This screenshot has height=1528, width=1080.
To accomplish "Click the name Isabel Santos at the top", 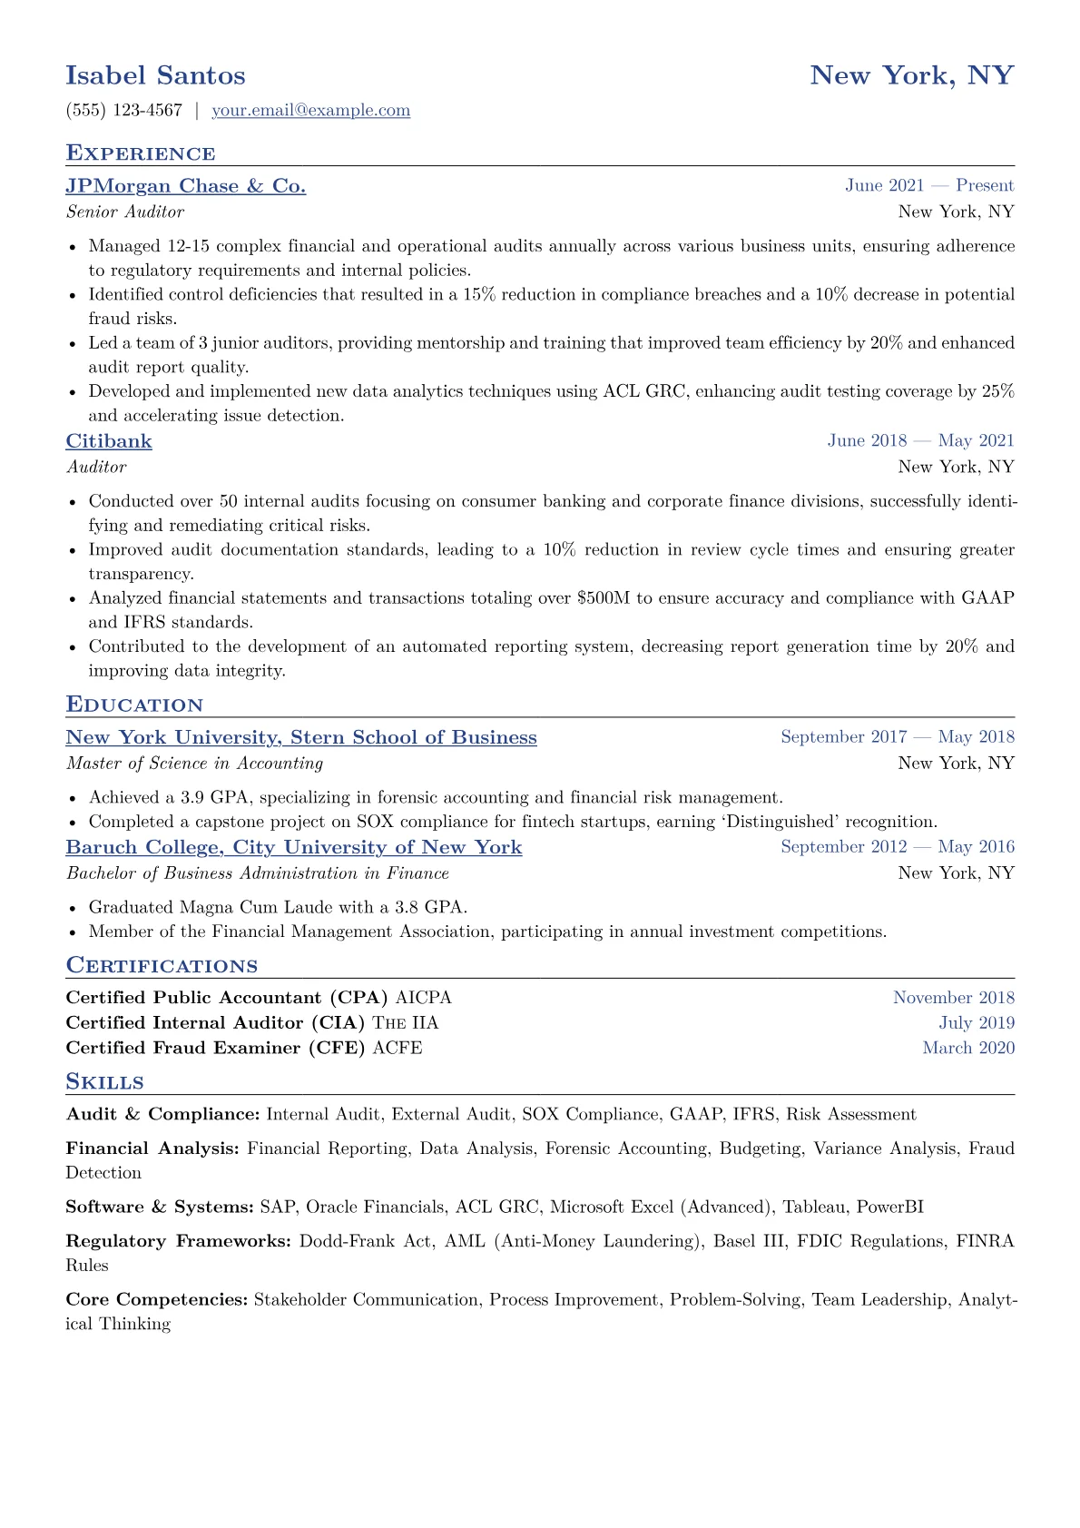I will click(x=155, y=75).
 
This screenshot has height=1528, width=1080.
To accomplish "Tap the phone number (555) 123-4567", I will click(x=124, y=111).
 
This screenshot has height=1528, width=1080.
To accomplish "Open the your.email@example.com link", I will click(x=310, y=111).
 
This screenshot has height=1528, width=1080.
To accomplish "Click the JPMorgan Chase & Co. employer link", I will click(x=185, y=186).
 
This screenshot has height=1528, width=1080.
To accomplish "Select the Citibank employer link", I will click(x=109, y=441).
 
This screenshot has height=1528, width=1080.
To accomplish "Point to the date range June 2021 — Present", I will click(x=928, y=186).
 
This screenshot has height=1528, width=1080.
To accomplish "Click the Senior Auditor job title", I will click(x=125, y=212).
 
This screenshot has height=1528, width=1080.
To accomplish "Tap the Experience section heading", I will click(x=141, y=153).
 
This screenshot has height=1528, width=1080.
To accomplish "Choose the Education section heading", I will click(x=134, y=705).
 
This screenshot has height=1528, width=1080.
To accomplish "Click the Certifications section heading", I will click(x=162, y=966).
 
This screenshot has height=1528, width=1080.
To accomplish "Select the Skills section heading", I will click(x=104, y=1082).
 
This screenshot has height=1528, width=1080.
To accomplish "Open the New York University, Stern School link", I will click(x=301, y=737).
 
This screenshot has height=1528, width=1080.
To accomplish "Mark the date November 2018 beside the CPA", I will click(x=953, y=998).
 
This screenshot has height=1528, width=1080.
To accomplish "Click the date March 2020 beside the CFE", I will click(x=968, y=1048).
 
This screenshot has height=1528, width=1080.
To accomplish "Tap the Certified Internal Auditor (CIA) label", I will click(x=215, y=1023).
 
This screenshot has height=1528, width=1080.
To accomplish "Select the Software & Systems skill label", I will click(x=160, y=1208).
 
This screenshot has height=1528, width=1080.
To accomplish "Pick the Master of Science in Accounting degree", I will click(x=194, y=764).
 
